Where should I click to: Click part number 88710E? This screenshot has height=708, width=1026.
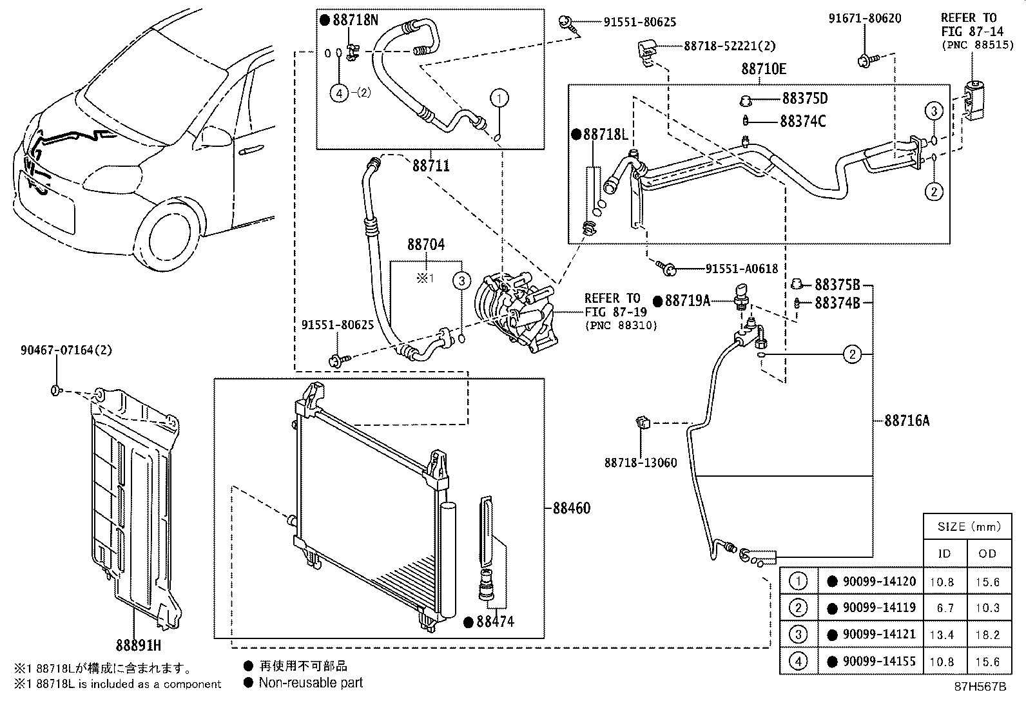[763, 69]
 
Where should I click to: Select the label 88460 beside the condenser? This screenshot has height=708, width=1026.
[571, 508]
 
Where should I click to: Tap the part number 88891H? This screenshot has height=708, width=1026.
[138, 644]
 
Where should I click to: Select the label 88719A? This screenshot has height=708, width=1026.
[687, 300]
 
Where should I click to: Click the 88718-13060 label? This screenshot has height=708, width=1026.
[640, 463]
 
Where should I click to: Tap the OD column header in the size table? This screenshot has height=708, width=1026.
[987, 553]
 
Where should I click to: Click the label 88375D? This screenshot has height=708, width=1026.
[804, 99]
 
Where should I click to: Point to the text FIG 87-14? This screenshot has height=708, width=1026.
[968, 32]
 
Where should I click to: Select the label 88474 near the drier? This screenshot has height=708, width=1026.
[494, 622]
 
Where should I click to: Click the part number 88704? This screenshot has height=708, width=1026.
[425, 245]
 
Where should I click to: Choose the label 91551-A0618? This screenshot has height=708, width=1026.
[741, 269]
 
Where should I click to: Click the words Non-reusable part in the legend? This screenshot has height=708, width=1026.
[311, 683]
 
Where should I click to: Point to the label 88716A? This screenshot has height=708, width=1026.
[907, 421]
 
